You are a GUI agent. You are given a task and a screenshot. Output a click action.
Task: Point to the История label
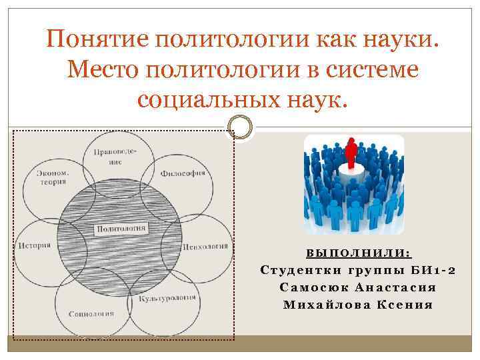click(35, 245)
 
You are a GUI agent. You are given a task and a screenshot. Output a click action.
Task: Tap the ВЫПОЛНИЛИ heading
click(359, 253)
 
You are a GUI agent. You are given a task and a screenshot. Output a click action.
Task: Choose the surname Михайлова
click(321, 305)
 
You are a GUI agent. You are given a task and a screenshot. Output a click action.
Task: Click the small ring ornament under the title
click(239, 127)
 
